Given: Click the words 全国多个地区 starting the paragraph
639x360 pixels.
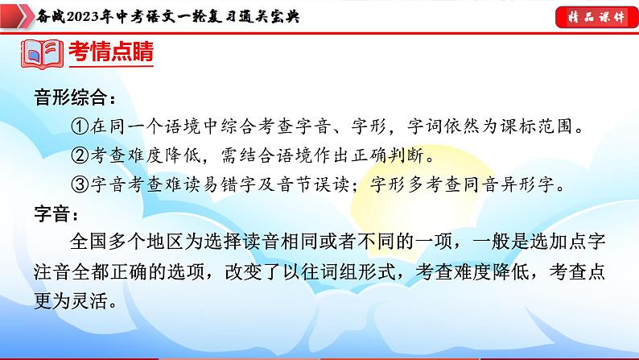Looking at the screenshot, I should tap(125, 243).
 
